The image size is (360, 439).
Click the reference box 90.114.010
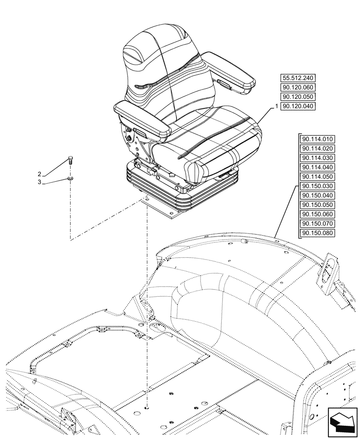(x=317, y=139)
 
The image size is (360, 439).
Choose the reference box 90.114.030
(x=317, y=158)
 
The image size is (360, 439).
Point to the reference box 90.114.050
(x=317, y=176)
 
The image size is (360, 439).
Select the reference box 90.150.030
(x=317, y=186)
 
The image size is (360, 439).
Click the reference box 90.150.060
(x=317, y=214)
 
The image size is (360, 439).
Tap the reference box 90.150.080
(x=317, y=233)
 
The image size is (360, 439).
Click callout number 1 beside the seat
(x=276, y=106)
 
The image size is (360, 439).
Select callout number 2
(x=52, y=174)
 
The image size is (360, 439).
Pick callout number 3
(x=52, y=182)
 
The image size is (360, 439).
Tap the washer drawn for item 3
(x=70, y=178)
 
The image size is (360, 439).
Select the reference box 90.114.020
(x=317, y=148)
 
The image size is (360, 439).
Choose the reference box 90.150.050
(x=317, y=205)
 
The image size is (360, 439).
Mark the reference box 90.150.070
(x=317, y=223)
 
